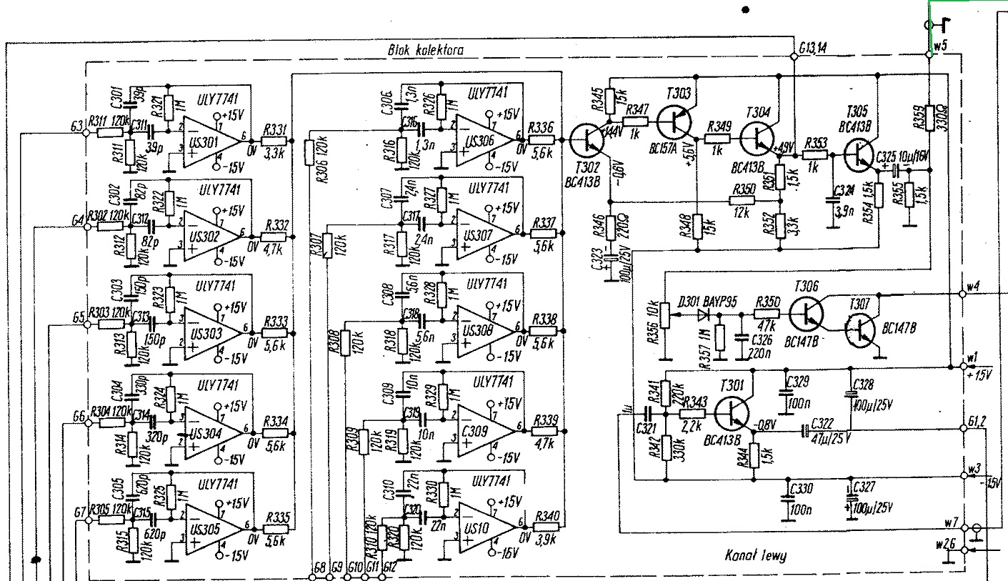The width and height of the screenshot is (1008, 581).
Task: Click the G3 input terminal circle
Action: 87,132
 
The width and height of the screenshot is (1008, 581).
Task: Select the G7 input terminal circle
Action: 89,522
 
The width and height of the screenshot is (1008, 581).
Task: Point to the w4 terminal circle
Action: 961,294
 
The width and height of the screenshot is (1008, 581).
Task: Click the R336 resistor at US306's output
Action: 541,139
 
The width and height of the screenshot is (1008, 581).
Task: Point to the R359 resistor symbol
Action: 929,121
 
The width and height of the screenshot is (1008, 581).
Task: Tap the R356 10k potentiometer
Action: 664,314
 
